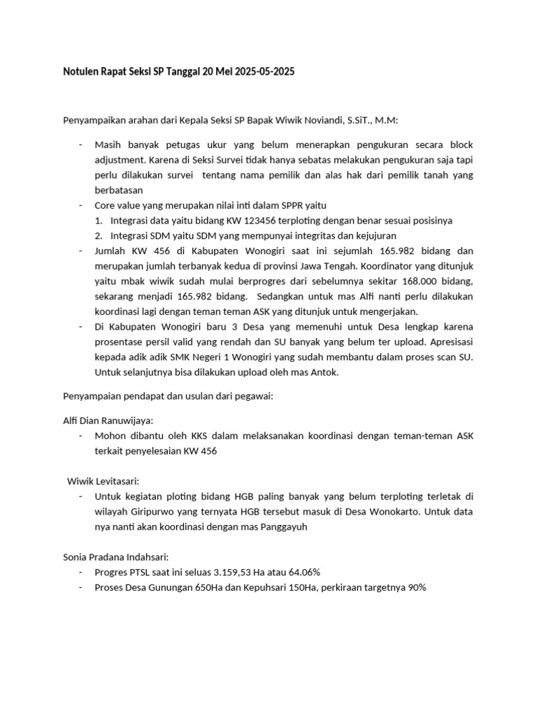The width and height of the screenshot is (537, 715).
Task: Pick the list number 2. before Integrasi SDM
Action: click(99, 235)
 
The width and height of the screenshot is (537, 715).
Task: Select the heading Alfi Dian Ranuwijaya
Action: click(108, 420)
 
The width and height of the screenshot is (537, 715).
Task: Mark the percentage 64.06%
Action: click(300, 572)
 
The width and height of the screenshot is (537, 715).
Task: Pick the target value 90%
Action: click(417, 587)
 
